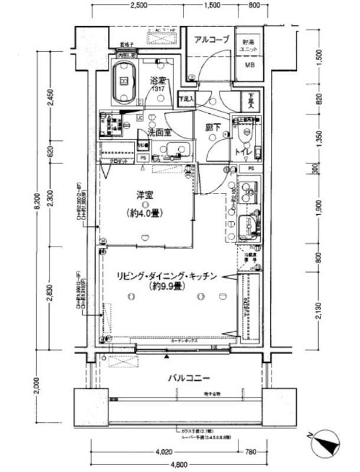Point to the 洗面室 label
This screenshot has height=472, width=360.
coord(159,133)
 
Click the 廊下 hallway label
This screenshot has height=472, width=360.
coord(213,127)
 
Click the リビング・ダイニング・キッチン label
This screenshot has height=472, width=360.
coord(166,276)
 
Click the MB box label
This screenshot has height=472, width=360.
coord(247,66)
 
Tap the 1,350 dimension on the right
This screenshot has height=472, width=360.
coord(319,136)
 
